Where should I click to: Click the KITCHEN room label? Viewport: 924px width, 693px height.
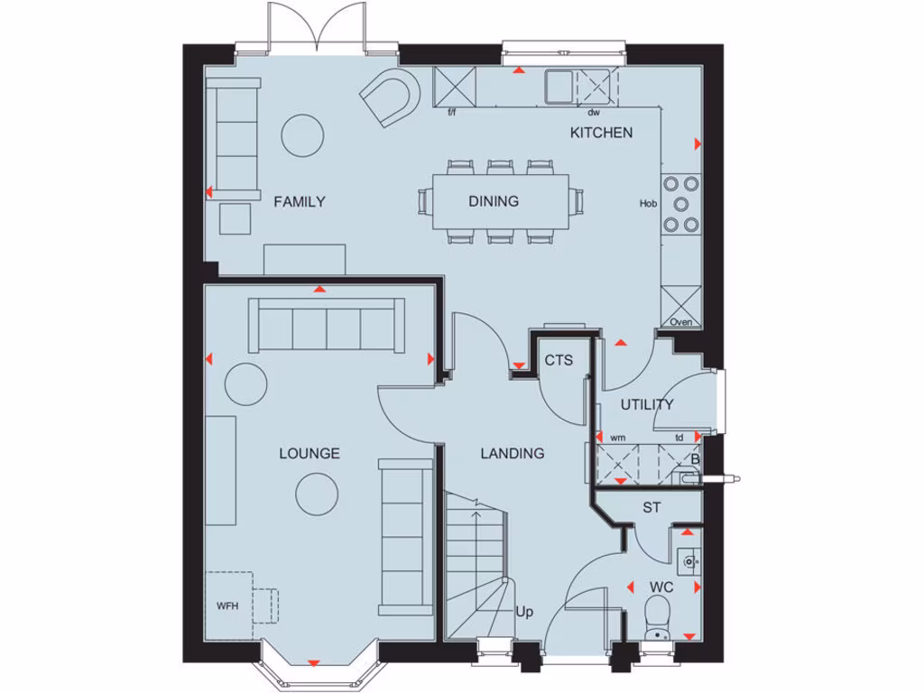pos(600,133)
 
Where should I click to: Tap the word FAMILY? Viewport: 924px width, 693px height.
pos(300,201)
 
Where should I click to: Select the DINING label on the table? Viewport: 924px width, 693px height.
pos(494,201)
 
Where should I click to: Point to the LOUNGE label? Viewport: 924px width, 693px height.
pos(310,453)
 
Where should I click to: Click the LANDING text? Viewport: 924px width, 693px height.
pos(512,453)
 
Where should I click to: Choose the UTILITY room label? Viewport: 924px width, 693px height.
pos(647,404)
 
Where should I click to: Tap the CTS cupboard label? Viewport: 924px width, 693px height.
pos(559,360)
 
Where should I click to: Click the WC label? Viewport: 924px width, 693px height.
pos(661,587)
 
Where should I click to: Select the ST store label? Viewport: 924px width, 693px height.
pos(651,508)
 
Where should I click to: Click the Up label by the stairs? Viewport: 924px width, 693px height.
pos(524,612)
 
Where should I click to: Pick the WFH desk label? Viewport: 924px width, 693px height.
pos(227,605)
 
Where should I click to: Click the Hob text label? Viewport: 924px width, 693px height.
pos(648,204)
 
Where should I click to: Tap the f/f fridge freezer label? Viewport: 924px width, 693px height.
pos(453,113)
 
